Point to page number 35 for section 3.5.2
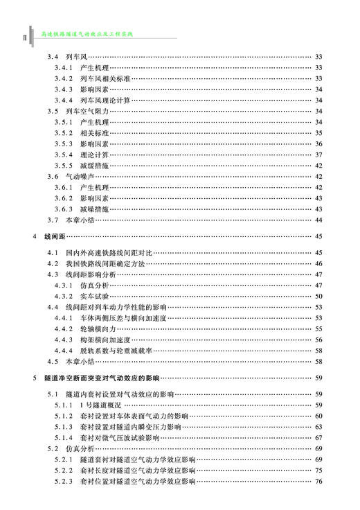[318, 132]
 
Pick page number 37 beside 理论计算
[318, 154]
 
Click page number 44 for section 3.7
[318, 220]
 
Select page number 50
[318, 295]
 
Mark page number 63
[318, 426]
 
